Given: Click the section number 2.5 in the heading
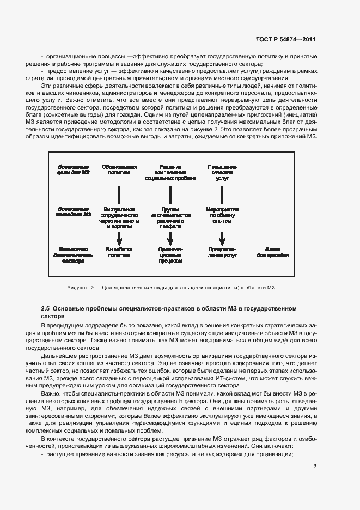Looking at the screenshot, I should [46, 308].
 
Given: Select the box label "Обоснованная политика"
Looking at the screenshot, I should [119, 169].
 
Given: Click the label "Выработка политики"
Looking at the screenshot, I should [119, 251].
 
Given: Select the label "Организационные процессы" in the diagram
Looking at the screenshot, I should [170, 254].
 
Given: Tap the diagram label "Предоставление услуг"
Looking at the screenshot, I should [222, 251].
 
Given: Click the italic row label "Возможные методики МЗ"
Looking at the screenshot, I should [71, 208].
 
